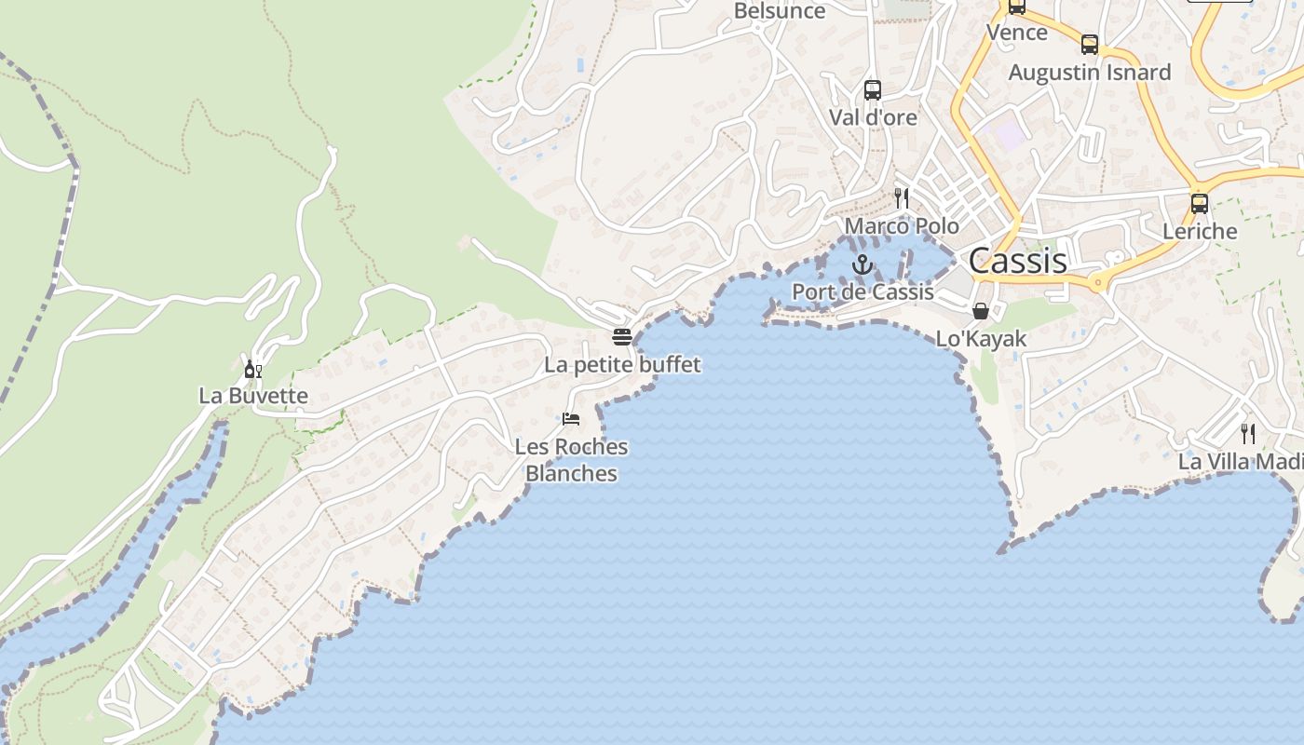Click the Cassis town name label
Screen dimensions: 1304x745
click(x=1018, y=261)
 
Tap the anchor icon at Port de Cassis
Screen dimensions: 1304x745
click(x=863, y=265)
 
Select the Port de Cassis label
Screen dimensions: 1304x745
click(x=863, y=292)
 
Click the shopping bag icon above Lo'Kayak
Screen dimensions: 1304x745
click(x=981, y=311)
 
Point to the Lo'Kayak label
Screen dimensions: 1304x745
click(x=981, y=339)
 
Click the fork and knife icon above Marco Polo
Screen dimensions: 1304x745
click(x=901, y=197)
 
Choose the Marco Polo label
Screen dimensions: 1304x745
click(x=902, y=226)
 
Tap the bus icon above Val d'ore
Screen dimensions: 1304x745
click(x=873, y=90)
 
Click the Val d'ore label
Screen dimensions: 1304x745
click(x=873, y=118)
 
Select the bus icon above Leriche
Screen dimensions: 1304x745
click(x=1200, y=203)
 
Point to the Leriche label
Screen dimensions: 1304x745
click(x=1200, y=232)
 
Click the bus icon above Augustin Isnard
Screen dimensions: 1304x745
click(x=1090, y=45)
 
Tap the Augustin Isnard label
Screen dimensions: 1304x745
click(x=1090, y=73)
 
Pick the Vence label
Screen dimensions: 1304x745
click(x=1016, y=33)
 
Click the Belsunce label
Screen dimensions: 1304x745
click(x=780, y=11)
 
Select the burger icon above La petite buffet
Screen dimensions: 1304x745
click(x=622, y=336)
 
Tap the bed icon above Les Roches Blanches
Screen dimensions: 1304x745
click(x=571, y=419)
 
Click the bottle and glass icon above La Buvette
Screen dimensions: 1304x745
click(x=253, y=369)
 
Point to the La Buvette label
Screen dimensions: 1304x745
click(x=253, y=396)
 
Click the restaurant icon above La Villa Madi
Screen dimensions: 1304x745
click(x=1247, y=433)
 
